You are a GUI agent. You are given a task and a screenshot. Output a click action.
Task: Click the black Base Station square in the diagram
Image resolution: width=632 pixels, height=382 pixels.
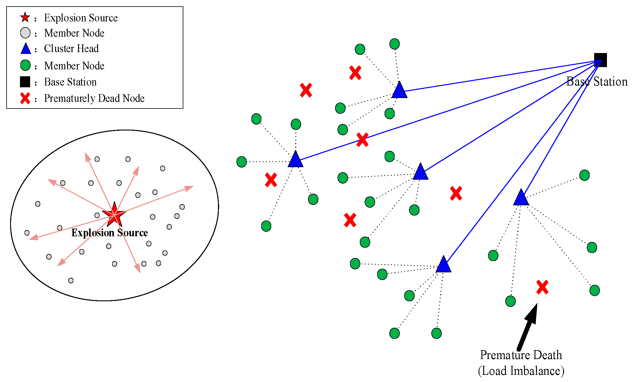tap(600, 60)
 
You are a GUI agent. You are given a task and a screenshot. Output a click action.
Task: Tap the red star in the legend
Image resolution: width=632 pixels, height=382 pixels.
tap(25, 17)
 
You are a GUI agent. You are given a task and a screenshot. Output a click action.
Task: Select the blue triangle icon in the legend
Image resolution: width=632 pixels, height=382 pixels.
tap(26, 48)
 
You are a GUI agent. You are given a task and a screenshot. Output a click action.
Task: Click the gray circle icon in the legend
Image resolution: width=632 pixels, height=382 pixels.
tap(25, 33)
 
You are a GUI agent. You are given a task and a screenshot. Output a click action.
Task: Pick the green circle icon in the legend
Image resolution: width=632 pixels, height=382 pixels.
tap(25, 65)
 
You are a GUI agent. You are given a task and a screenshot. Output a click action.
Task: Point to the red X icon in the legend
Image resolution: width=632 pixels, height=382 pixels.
tap(25, 98)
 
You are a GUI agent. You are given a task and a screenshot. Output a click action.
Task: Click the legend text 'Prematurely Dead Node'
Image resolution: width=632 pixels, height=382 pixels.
tap(94, 98)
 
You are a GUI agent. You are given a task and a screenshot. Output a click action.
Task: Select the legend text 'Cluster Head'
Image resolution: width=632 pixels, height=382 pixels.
tap(71, 49)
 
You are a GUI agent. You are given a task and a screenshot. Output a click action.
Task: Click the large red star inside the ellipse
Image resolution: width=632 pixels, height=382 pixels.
tap(114, 215)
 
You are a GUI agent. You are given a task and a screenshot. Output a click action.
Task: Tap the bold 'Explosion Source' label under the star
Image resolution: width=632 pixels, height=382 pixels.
tap(110, 233)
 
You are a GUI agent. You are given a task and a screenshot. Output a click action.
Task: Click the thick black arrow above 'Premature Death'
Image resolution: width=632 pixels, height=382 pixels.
tap(528, 327)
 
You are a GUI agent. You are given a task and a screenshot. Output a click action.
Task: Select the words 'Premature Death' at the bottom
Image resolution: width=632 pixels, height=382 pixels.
tap(521, 355)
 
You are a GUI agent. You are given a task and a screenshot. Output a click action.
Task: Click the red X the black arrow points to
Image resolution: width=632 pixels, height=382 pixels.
tap(542, 287)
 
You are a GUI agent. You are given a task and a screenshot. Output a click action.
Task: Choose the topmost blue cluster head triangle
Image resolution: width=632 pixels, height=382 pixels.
tap(399, 90)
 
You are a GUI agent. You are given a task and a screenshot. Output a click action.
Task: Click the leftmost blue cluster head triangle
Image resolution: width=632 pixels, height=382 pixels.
tap(295, 159)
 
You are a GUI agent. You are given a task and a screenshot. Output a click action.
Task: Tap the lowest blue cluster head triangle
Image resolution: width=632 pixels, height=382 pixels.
tap(443, 264)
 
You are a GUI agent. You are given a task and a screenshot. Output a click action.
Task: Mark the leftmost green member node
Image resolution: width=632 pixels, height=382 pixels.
tap(241, 162)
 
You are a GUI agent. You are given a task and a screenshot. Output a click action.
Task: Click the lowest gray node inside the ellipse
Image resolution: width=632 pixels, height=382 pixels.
tap(71, 280)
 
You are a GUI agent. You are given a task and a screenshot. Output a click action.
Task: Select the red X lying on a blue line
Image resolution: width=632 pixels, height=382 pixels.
tap(363, 140)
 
